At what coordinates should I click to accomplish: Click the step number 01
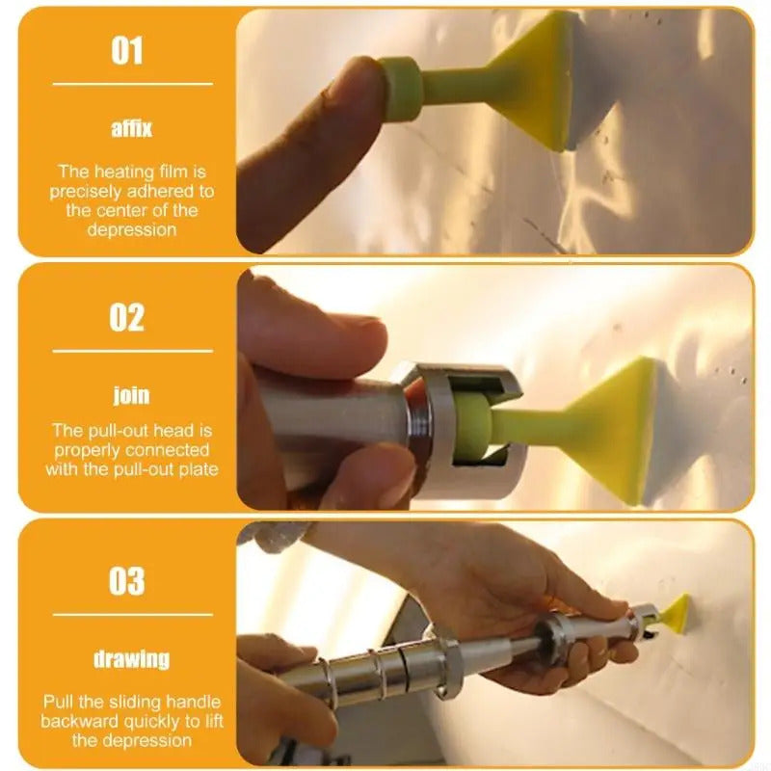pyautogui.click(x=127, y=50)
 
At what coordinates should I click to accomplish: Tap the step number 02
pyautogui.click(x=127, y=316)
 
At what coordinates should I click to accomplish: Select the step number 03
pyautogui.click(x=127, y=581)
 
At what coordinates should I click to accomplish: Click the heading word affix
pyautogui.click(x=131, y=128)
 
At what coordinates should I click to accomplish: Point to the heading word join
pyautogui.click(x=131, y=394)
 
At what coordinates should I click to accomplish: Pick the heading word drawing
pyautogui.click(x=131, y=659)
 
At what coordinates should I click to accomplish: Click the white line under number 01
pyautogui.click(x=131, y=85)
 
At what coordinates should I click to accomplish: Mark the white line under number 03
pyautogui.click(x=131, y=615)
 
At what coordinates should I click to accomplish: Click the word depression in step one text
pyautogui.click(x=131, y=229)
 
